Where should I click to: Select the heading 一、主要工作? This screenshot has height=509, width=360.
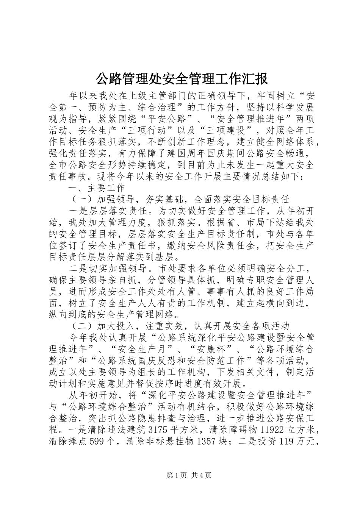tap(96, 188)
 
